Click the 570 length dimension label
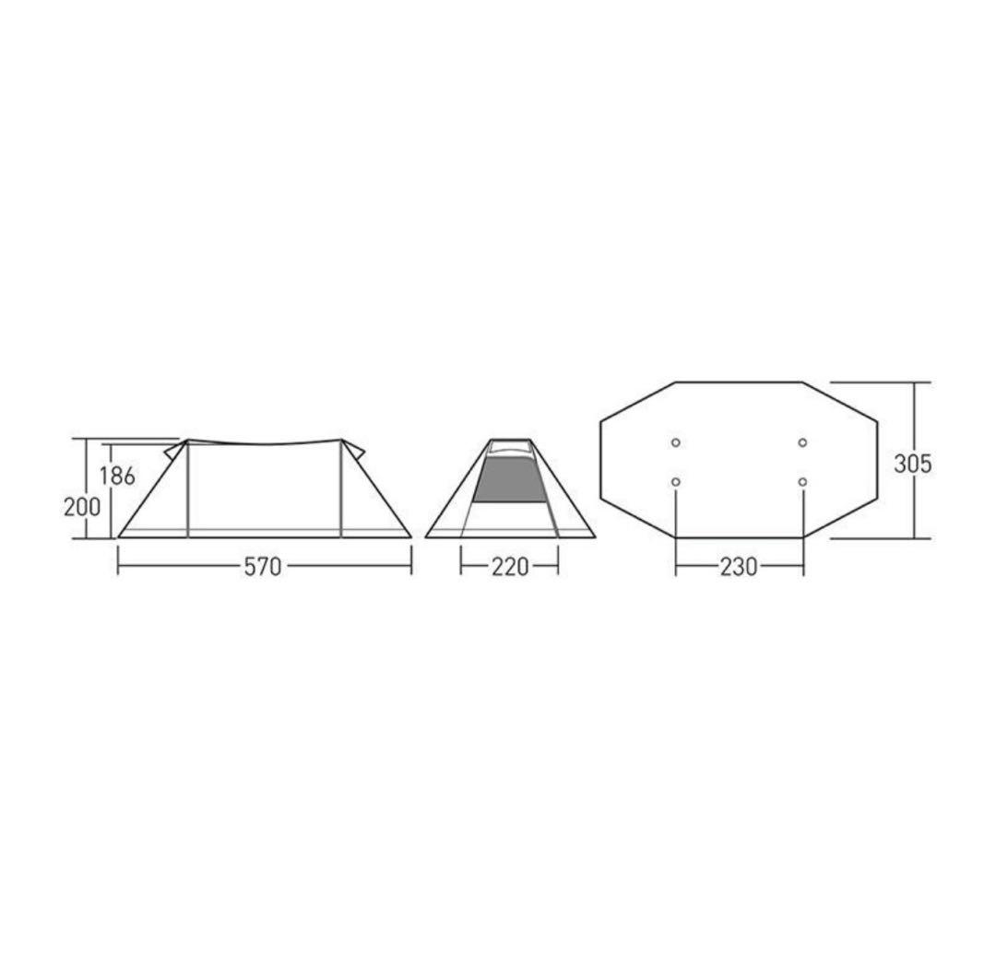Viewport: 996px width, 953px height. coord(262,566)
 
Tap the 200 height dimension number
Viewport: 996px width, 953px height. coord(82,507)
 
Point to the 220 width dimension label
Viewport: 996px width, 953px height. coord(510,566)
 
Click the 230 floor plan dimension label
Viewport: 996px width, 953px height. coord(739,566)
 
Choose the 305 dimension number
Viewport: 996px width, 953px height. coord(913,465)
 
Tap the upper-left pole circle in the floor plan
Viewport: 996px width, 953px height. coord(676,442)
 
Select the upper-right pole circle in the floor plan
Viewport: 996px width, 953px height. coord(803,442)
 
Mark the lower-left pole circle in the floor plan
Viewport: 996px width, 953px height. coord(676,483)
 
